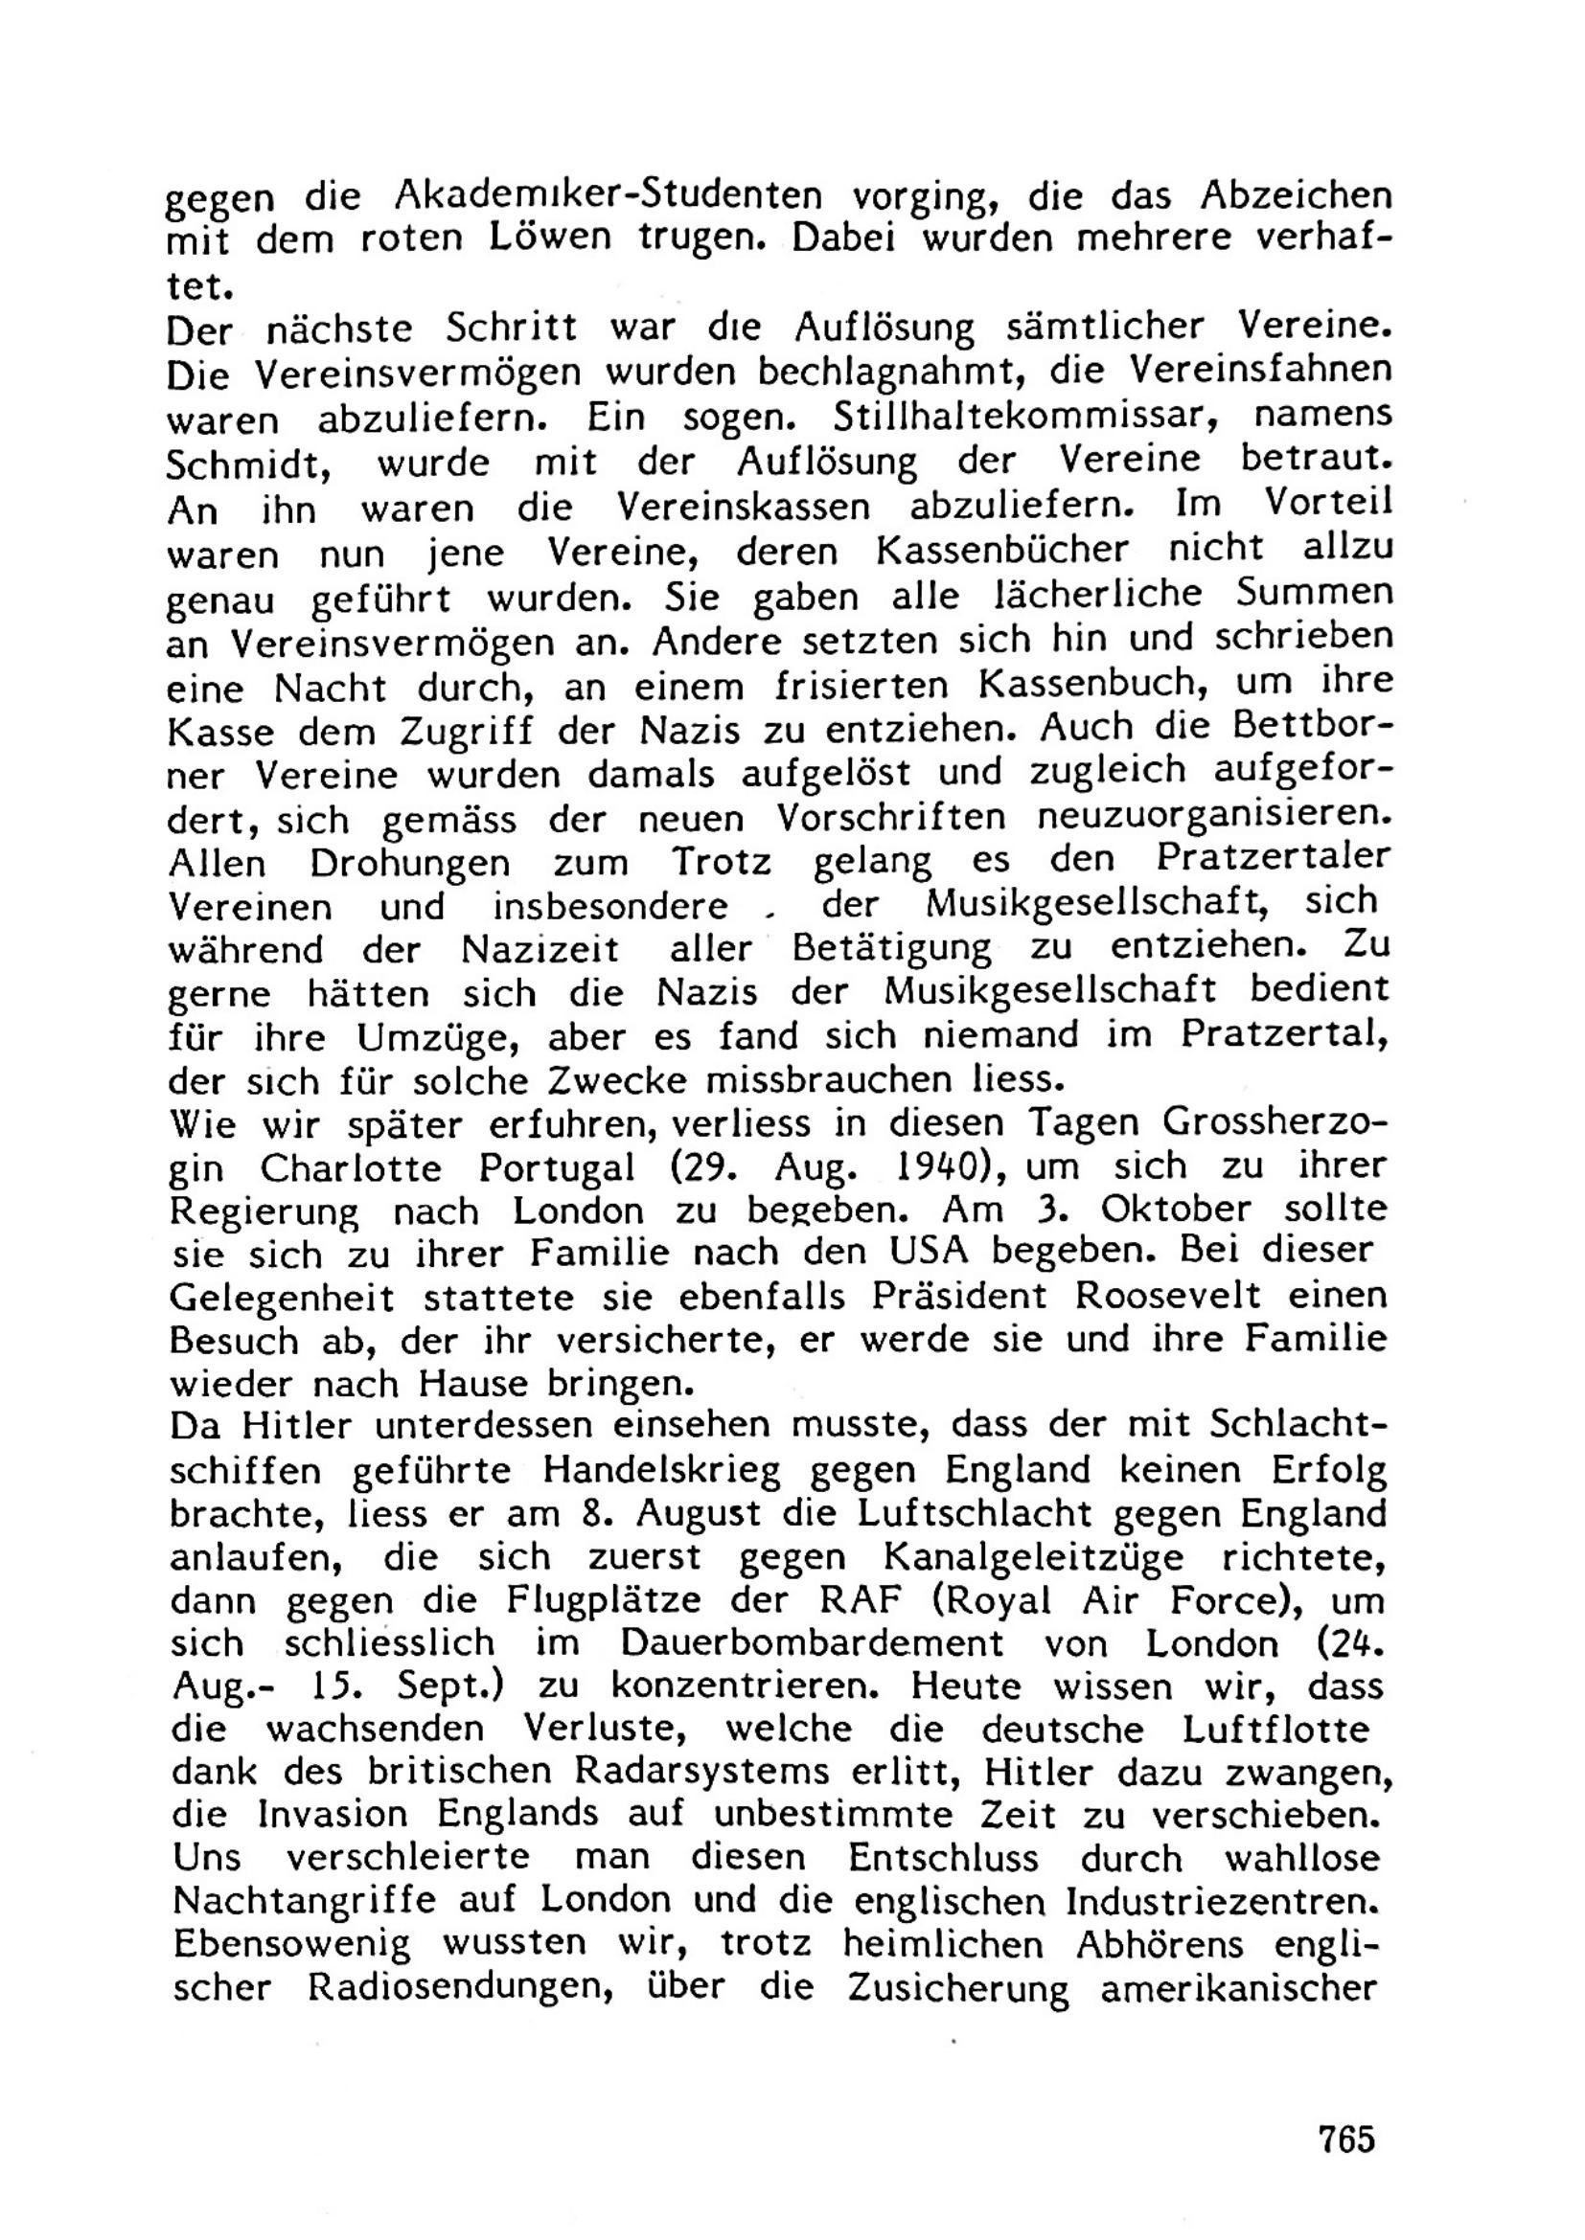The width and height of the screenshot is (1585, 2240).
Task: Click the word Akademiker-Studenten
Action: click(609, 196)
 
